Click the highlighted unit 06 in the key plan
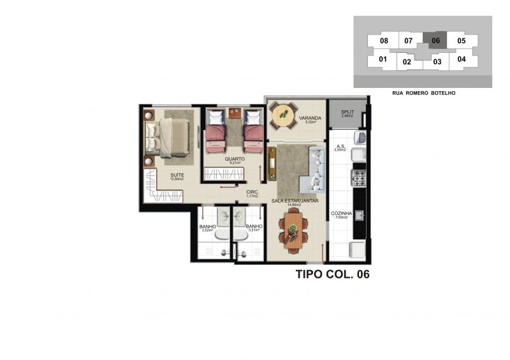(436, 41)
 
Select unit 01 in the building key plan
(383, 60)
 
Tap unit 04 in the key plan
(462, 59)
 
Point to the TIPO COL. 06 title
(333, 275)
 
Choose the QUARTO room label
(234, 159)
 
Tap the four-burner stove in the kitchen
(359, 178)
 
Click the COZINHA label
(339, 215)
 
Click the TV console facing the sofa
(272, 163)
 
